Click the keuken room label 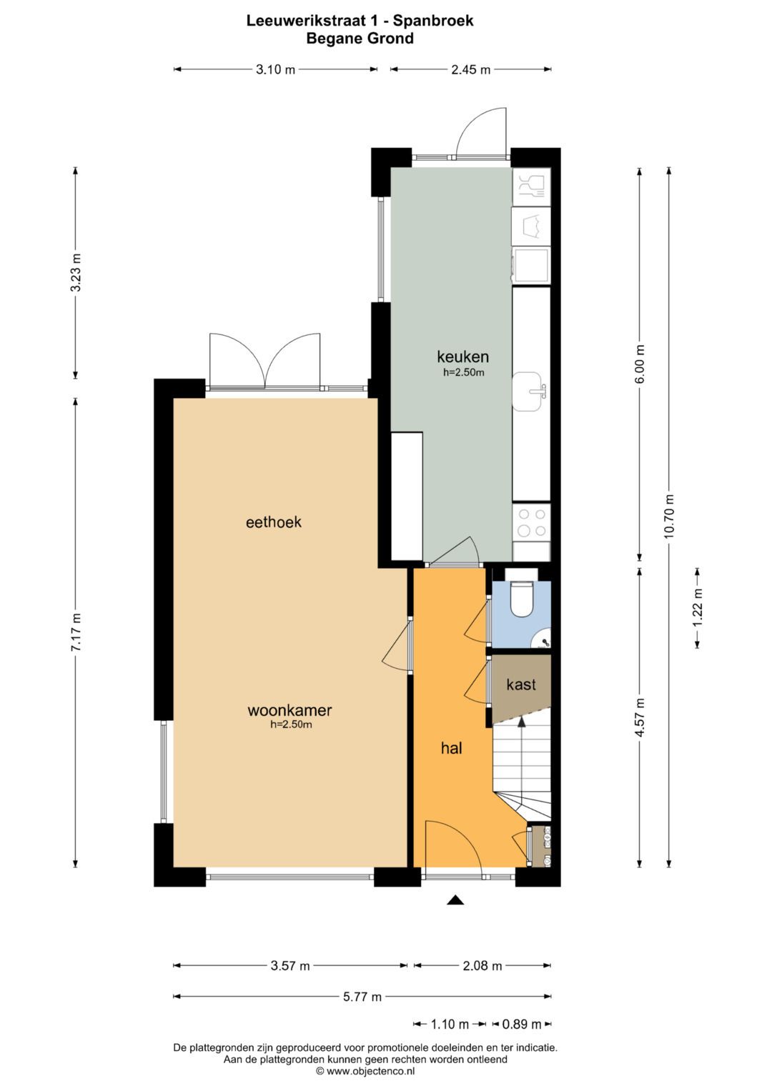462,357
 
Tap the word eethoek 273,522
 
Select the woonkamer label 289,710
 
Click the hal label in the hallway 451,748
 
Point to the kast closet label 520,684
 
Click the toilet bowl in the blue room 523,599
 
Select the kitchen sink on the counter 530,391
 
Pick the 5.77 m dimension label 362,997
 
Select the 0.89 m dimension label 521,1025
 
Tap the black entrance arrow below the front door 455,900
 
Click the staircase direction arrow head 522,722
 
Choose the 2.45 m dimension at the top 470,69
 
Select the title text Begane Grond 360,39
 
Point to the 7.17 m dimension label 76,632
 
